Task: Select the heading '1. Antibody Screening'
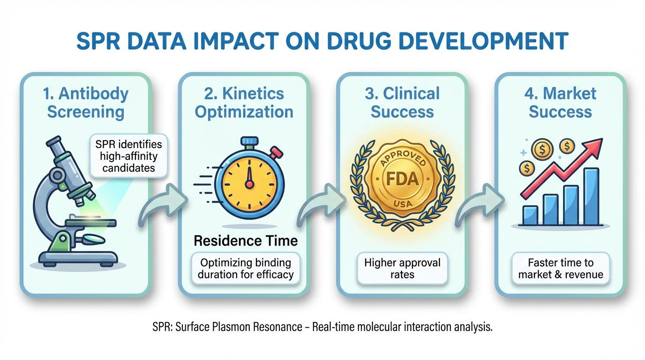[x=85, y=102]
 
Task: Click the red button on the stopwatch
[x=277, y=152]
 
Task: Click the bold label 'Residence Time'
[x=246, y=241]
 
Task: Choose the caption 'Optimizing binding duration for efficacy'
[x=246, y=268]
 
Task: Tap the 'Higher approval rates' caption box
[x=402, y=268]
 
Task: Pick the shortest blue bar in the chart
[x=530, y=215]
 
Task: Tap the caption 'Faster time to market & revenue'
[x=560, y=268]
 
